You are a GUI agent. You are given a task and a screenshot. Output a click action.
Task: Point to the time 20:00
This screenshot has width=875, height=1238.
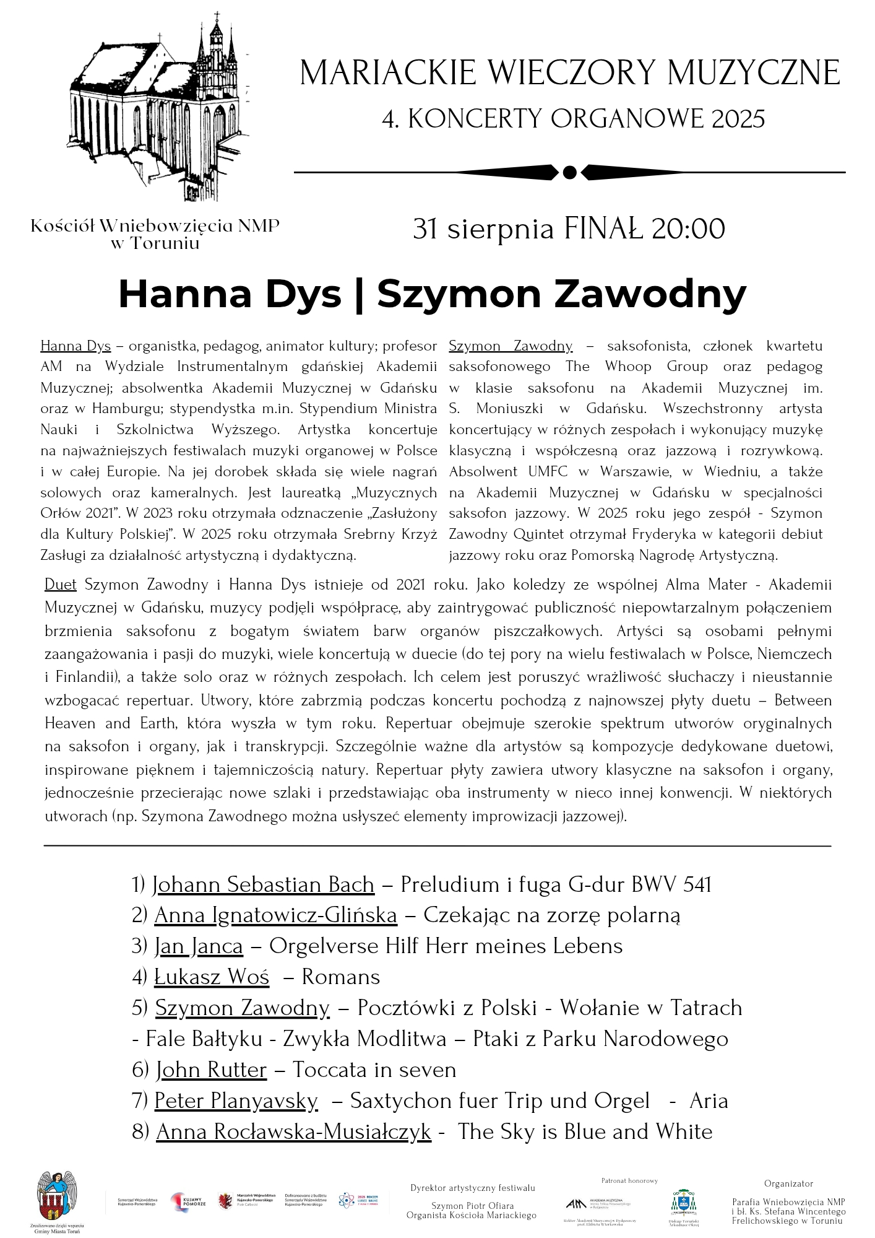pyautogui.click(x=687, y=229)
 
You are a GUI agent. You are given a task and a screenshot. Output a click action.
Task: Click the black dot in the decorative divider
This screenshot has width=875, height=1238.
pyautogui.click(x=570, y=172)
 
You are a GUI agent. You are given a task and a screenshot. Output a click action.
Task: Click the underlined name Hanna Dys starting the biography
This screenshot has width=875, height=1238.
pyautogui.click(x=75, y=346)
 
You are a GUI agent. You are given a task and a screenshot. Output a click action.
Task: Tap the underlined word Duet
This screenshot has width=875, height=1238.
pyautogui.click(x=61, y=585)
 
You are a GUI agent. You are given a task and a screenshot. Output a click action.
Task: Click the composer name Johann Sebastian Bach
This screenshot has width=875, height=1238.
pyautogui.click(x=264, y=884)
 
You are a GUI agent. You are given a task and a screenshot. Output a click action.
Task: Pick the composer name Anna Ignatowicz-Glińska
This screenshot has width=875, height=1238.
pyautogui.click(x=275, y=915)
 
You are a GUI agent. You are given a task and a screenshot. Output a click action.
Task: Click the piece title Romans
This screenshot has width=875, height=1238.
pyautogui.click(x=340, y=977)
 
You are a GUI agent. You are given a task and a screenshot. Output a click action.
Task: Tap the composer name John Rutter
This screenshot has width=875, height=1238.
pyautogui.click(x=211, y=1070)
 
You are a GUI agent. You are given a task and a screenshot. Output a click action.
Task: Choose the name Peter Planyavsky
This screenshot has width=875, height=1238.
pyautogui.click(x=236, y=1101)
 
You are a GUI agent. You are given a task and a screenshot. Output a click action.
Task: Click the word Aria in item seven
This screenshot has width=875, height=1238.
pyautogui.click(x=709, y=1101)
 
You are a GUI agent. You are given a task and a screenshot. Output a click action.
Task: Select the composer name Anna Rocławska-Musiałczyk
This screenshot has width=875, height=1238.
pyautogui.click(x=293, y=1132)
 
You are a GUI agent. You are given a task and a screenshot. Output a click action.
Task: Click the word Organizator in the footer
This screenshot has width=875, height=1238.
pyautogui.click(x=788, y=1184)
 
